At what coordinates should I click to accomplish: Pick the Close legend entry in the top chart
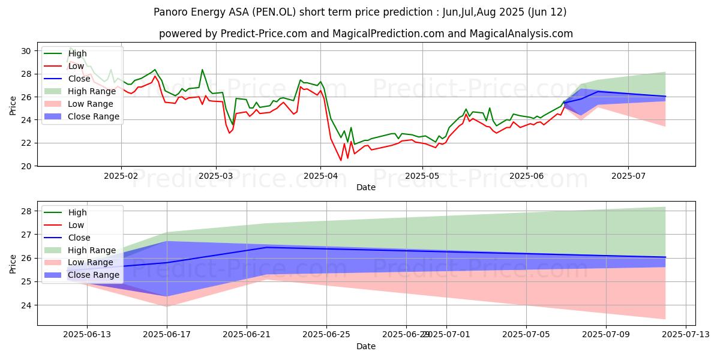click(79, 79)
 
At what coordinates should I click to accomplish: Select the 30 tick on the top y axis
click(26, 51)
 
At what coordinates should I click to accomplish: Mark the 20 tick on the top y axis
click(26, 166)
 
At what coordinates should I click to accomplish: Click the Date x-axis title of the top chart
click(366, 187)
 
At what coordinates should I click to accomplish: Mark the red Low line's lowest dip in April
click(341, 160)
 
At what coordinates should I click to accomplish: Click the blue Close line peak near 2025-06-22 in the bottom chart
click(266, 247)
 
